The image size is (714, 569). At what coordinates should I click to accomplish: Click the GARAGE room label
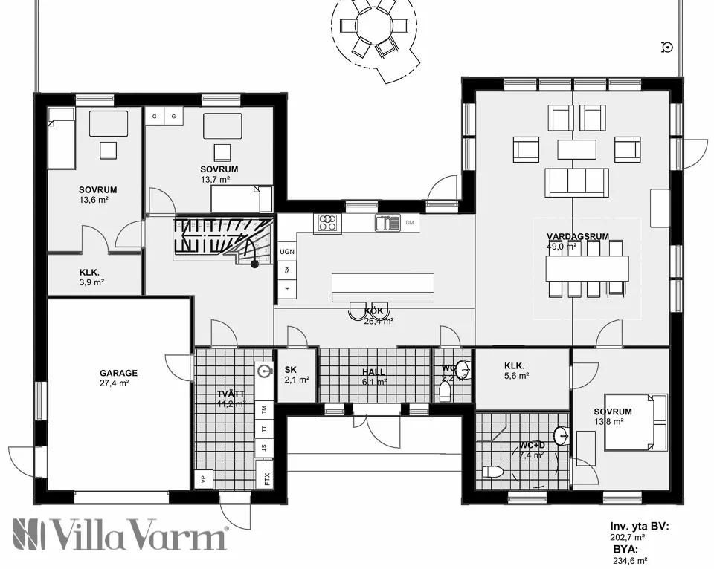click(119, 374)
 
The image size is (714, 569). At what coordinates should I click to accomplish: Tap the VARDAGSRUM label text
click(578, 237)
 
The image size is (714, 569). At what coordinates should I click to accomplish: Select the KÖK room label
click(373, 311)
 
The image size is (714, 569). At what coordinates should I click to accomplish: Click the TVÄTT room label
click(231, 394)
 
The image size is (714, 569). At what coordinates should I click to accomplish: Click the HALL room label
click(374, 371)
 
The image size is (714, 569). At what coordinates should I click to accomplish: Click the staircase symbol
click(222, 239)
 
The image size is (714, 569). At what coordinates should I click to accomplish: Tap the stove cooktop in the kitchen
click(327, 222)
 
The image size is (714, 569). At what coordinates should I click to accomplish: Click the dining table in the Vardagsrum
click(587, 268)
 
